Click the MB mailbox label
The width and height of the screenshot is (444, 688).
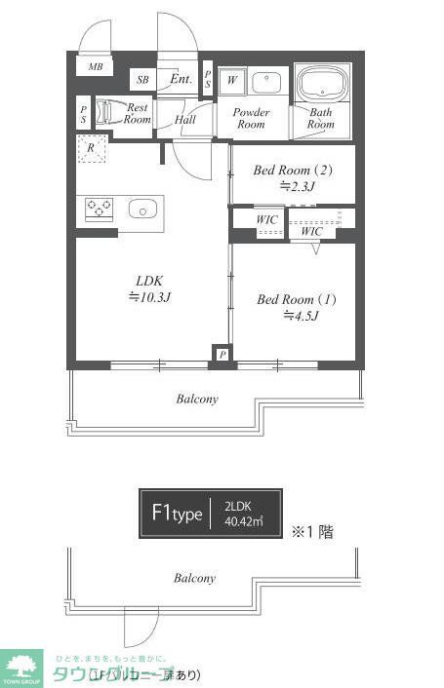[x=96, y=67]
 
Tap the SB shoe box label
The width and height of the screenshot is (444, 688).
[x=142, y=80]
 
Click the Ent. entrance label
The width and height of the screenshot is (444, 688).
[x=181, y=79]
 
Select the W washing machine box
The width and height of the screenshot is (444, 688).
[x=232, y=81]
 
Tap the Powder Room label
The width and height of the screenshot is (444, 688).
[x=251, y=118]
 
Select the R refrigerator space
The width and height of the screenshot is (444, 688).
[x=91, y=149]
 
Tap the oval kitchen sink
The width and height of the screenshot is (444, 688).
[x=142, y=209]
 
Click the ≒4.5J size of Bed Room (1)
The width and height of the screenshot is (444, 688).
[x=297, y=316]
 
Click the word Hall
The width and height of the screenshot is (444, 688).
[x=185, y=120]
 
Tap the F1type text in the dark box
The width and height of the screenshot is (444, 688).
[x=176, y=514]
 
